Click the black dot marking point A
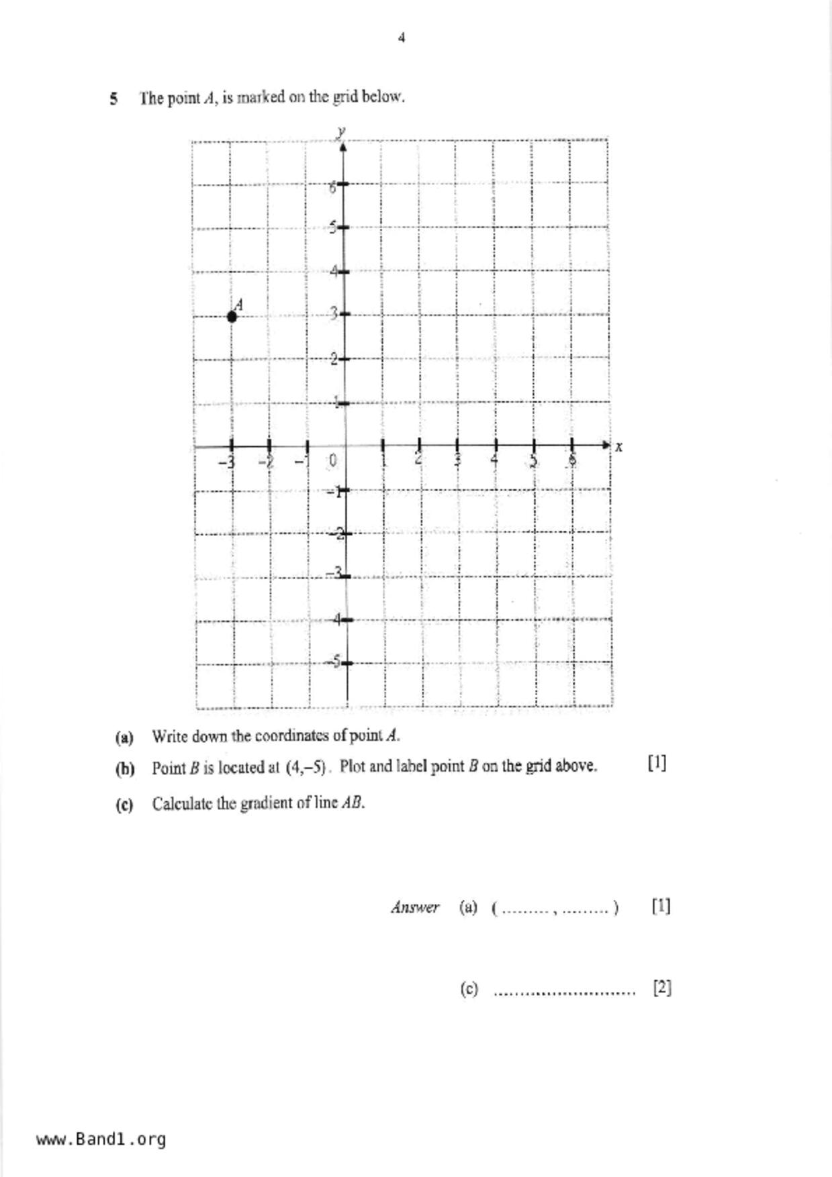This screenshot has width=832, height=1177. coord(232,317)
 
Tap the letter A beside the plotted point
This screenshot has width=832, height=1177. coord(238,305)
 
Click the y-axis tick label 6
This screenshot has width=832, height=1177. coord(332,187)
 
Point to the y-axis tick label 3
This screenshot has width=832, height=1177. coord(333,313)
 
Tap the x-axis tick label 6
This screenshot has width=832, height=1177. coord(572,460)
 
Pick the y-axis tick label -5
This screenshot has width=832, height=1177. coord(334,662)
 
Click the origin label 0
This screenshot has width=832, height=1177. coord(332,461)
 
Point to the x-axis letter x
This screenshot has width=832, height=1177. coord(618,447)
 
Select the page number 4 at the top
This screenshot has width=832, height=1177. coord(402,38)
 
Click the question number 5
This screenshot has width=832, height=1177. coord(114,99)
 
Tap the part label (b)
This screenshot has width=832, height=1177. coord(125,768)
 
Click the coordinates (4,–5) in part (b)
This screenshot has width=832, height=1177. coord(306,767)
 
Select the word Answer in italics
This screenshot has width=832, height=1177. coord(415,908)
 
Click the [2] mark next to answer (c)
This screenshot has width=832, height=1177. coord(662,988)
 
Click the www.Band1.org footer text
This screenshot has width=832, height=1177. coord(101,1139)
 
